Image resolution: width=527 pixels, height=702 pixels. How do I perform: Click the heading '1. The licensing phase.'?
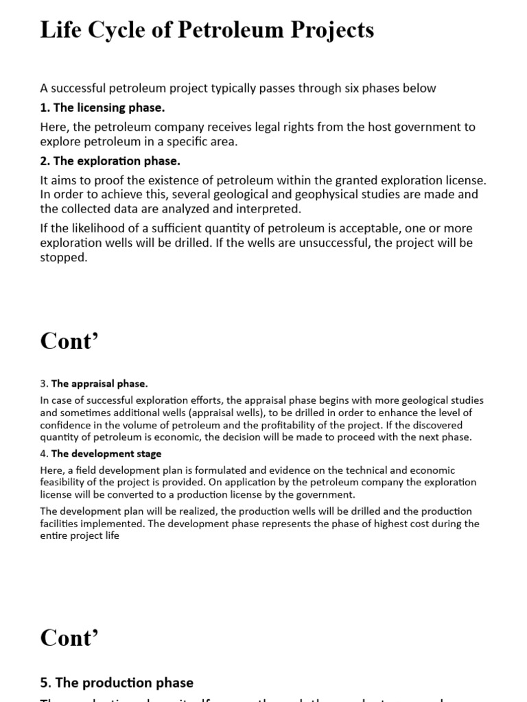point(103,108)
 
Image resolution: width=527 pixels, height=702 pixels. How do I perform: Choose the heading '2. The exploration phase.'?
point(110,161)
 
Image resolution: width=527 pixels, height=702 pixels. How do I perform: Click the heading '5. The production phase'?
point(117,683)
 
